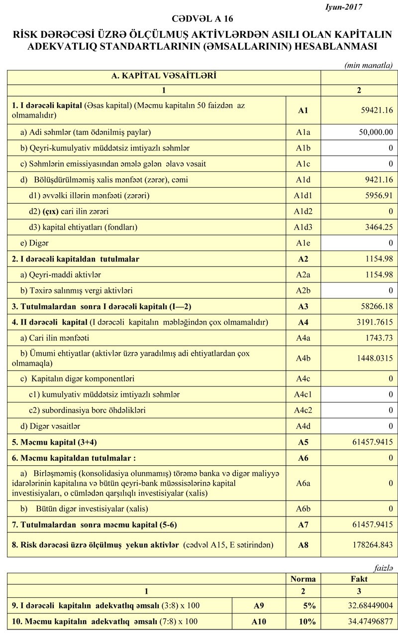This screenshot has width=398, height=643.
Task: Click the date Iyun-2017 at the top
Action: click(343, 7)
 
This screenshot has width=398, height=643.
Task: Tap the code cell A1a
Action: click(303, 132)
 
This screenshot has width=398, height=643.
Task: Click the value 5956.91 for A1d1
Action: click(376, 196)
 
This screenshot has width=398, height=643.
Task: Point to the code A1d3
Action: click(303, 228)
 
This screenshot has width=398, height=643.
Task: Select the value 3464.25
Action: click(376, 228)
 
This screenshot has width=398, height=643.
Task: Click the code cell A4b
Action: click(303, 358)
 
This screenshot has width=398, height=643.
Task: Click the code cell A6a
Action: click(303, 483)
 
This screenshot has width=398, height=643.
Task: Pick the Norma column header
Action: click(303, 579)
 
